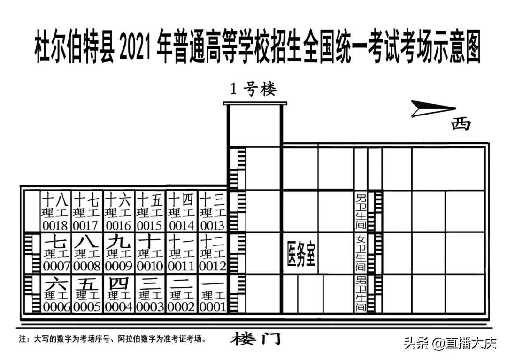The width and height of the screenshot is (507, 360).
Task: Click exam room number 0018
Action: coord(55,225)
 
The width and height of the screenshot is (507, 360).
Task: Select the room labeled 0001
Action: coord(212,307)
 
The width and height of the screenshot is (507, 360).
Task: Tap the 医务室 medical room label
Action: coord(300,254)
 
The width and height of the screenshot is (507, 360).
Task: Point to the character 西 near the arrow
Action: coord(461,124)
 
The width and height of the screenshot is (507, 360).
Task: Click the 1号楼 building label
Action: coord(253,89)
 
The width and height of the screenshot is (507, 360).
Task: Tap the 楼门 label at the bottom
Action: coord(256,339)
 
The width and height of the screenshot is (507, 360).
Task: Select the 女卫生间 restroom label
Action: coord(361,254)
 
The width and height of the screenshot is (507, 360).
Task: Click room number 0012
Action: coord(212,266)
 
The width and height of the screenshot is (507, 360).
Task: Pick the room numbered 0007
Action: coord(56,266)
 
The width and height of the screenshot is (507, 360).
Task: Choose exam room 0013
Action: coord(212,225)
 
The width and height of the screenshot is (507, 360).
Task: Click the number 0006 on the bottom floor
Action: coord(56,307)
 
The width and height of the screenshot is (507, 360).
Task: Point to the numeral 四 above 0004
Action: coord(118,284)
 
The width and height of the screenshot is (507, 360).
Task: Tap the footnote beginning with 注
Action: coord(113,338)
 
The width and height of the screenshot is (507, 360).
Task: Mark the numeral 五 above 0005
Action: coord(87,284)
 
